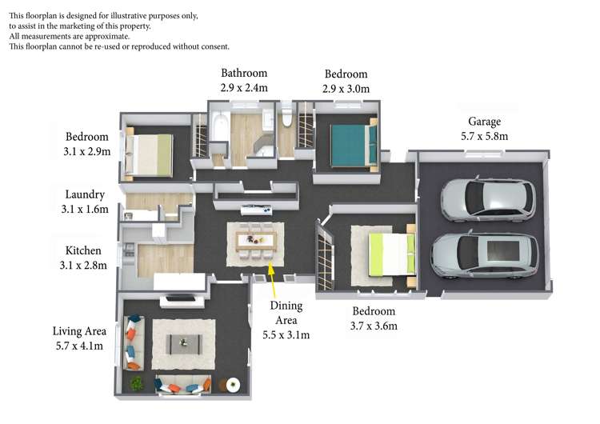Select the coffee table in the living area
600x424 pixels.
(x=185, y=342)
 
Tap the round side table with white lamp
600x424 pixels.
(x=233, y=385)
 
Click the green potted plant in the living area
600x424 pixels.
(x=137, y=383)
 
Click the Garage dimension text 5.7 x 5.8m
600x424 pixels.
(x=484, y=136)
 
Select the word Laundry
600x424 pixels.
(x=85, y=194)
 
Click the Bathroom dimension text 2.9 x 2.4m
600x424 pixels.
(x=244, y=88)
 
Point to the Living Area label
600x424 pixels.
(x=79, y=330)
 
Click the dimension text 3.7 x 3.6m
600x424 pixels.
(x=374, y=326)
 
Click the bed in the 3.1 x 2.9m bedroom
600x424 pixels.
(x=151, y=154)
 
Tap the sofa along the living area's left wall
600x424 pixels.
(x=132, y=342)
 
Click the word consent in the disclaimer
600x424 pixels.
(x=210, y=46)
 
